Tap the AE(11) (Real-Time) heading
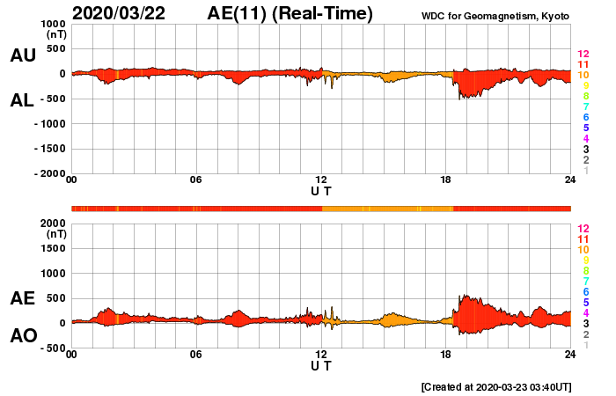(290, 13)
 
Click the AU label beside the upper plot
(22, 55)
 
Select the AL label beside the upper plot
(22, 100)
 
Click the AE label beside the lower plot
(22, 298)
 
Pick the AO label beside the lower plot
(22, 336)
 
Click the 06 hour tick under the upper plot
(196, 180)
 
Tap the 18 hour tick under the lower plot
(446, 354)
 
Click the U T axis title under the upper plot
(321, 190)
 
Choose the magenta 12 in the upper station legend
(583, 55)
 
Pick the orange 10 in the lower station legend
(583, 250)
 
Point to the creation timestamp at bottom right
(496, 386)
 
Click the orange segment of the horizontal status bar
(387, 209)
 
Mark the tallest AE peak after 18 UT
(464, 296)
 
